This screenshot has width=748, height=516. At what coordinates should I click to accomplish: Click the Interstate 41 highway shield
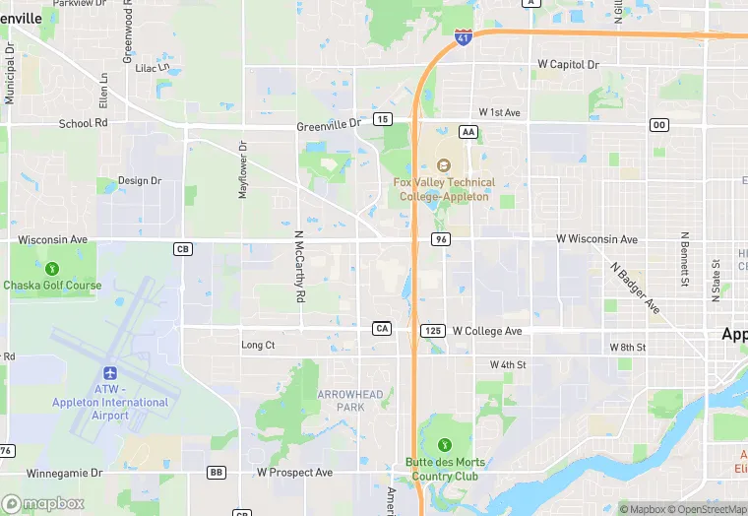pyautogui.click(x=463, y=37)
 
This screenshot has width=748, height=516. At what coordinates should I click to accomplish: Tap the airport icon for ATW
pyautogui.click(x=109, y=374)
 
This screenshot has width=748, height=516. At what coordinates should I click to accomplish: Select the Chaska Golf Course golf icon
pyautogui.click(x=53, y=268)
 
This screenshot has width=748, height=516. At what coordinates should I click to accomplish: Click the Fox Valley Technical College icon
pyautogui.click(x=443, y=165)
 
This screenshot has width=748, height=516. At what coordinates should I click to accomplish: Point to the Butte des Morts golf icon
pyautogui.click(x=444, y=445)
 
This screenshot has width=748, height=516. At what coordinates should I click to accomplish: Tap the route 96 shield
pyautogui.click(x=440, y=239)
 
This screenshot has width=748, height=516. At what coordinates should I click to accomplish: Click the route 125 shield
pyautogui.click(x=432, y=330)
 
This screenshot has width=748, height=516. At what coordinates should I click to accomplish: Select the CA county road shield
pyautogui.click(x=383, y=328)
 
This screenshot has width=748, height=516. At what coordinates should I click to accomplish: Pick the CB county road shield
pyautogui.click(x=182, y=249)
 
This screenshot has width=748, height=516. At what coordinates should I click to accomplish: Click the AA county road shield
pyautogui.click(x=468, y=131)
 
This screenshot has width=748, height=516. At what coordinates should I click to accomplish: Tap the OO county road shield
pyautogui.click(x=658, y=124)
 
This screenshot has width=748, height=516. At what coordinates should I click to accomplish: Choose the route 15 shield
pyautogui.click(x=383, y=119)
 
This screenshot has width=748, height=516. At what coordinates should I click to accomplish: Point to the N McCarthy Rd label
pyautogui.click(x=299, y=266)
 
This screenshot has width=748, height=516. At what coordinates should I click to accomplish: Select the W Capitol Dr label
pyautogui.click(x=568, y=65)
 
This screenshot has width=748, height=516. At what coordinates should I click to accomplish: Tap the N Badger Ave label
pyautogui.click(x=635, y=288)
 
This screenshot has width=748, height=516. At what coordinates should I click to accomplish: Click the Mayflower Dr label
pyautogui.click(x=242, y=169)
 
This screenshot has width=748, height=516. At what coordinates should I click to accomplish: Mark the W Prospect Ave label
pyautogui.click(x=294, y=473)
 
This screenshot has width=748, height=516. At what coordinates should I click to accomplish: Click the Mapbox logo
pyautogui.click(x=43, y=503)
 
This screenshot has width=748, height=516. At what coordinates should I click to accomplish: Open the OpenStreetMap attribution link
pyautogui.click(x=708, y=509)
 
